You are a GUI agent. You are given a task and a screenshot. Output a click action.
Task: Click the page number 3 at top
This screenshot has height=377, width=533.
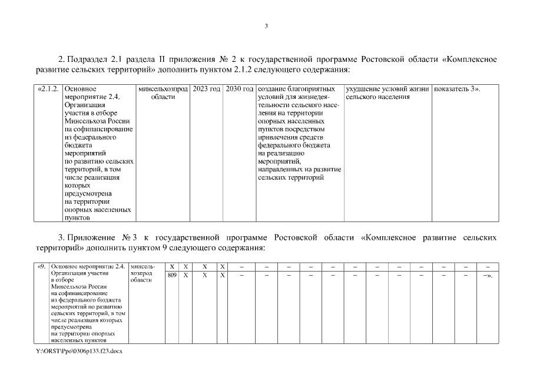pos(266,25)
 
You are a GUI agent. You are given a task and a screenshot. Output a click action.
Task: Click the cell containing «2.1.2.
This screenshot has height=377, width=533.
pos(48,88)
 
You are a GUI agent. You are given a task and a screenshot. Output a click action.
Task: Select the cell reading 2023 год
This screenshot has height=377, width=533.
pos(206,88)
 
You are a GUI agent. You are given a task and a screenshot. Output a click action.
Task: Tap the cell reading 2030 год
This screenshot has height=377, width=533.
pos(239,88)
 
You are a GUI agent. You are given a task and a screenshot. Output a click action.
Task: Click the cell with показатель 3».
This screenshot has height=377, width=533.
pos(456,88)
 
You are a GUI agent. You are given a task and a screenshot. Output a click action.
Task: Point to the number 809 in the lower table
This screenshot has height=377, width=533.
pos(172,275)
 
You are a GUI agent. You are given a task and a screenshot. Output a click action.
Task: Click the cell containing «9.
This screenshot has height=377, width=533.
pos(42,267)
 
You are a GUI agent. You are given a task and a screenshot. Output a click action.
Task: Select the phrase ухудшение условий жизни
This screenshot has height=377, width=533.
pos(388,88)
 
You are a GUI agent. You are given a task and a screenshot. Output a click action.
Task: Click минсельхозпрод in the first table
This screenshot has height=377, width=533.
pos(163,88)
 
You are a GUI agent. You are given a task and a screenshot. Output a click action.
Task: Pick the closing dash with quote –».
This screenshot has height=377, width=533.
pos(487,275)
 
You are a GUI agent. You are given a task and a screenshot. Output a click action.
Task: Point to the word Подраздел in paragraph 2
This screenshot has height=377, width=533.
pos(86,59)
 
